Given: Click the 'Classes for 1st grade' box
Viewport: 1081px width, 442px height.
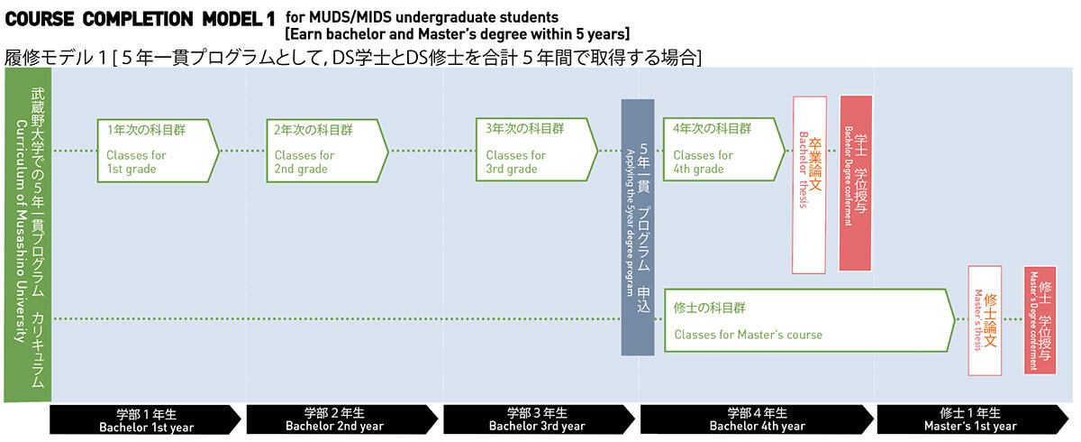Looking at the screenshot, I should (x=156, y=150).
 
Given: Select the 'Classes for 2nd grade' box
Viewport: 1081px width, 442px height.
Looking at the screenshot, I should (x=324, y=150).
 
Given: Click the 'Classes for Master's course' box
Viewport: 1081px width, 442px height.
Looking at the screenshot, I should (x=806, y=321).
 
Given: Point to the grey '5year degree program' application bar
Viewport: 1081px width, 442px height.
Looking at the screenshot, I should (x=637, y=226).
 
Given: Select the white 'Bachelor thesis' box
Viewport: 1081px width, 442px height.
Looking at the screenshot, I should (x=809, y=185).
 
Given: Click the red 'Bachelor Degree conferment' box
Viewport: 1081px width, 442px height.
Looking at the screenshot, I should (x=855, y=183).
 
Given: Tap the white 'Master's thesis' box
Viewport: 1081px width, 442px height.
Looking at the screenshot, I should (x=985, y=320).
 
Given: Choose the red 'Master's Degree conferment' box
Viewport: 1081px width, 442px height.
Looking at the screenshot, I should (x=1040, y=320).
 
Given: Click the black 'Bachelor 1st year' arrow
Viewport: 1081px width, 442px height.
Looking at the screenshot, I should (x=144, y=419).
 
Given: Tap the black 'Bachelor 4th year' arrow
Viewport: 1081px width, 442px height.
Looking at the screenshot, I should (x=755, y=419).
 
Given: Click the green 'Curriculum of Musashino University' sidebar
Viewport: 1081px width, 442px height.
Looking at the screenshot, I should (x=27, y=236).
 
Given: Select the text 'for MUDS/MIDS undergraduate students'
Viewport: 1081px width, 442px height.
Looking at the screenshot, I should (x=422, y=17).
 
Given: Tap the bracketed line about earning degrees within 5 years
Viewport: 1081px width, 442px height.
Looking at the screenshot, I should (x=457, y=34).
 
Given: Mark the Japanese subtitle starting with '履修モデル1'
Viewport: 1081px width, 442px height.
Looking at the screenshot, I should (x=353, y=57).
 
